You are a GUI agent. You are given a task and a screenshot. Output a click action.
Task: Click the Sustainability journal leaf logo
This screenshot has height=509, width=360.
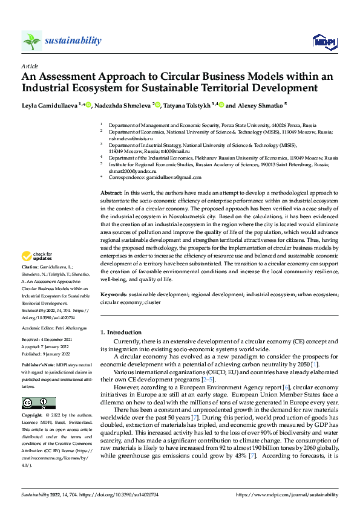click(32, 41)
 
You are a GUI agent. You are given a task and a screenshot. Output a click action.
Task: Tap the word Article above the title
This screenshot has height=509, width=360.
click(30, 66)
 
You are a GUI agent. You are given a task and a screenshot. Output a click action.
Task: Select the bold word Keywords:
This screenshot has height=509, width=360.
click(114, 294)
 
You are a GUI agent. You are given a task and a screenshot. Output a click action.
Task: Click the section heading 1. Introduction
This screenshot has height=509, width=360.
click(121, 332)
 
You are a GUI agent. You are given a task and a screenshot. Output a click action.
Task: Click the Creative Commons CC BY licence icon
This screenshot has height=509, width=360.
click(38, 403)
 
